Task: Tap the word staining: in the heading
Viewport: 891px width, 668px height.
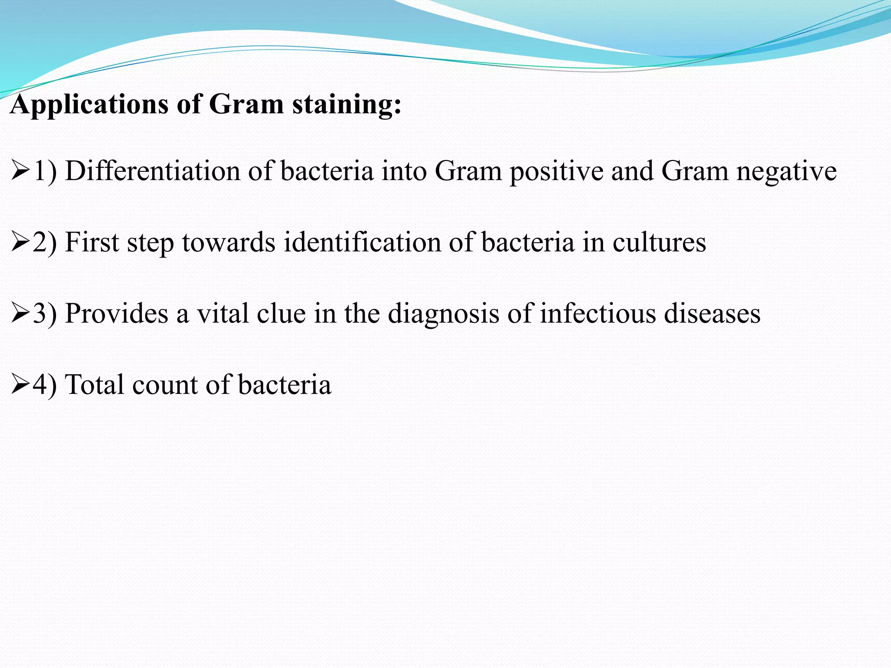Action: pyautogui.click(x=346, y=105)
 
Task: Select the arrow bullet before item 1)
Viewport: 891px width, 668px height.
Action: pyautogui.click(x=20, y=171)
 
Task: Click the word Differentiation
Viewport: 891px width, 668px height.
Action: pyautogui.click(x=152, y=171)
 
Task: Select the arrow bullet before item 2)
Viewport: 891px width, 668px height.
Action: pyautogui.click(x=20, y=243)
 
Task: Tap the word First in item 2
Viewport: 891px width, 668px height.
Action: pyautogui.click(x=91, y=242)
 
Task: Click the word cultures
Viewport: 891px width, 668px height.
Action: pyautogui.click(x=659, y=243)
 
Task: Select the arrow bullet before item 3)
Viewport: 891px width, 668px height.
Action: pyautogui.click(x=20, y=314)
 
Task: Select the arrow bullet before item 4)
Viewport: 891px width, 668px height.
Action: pyautogui.click(x=20, y=385)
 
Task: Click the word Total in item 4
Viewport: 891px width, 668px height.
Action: pyautogui.click(x=94, y=385)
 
